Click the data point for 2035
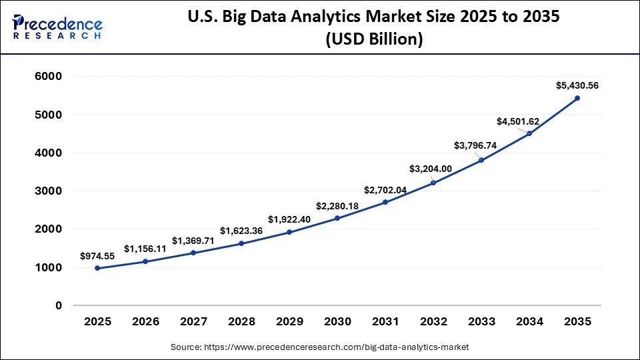click(577, 98)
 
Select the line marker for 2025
click(97, 268)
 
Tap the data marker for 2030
click(337, 218)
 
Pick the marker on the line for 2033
click(481, 160)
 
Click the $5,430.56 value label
click(577, 85)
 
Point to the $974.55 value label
click(97, 255)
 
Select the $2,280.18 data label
click(337, 206)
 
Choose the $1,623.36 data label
click(241, 231)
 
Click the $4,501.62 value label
click(518, 121)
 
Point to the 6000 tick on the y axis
click(48, 77)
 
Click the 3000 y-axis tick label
click(48, 191)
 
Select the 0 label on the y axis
click(59, 305)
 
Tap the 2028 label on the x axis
click(241, 321)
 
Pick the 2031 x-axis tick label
click(385, 321)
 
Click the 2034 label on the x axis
click(529, 321)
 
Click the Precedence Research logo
click(57, 27)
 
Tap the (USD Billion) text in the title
click(373, 40)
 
